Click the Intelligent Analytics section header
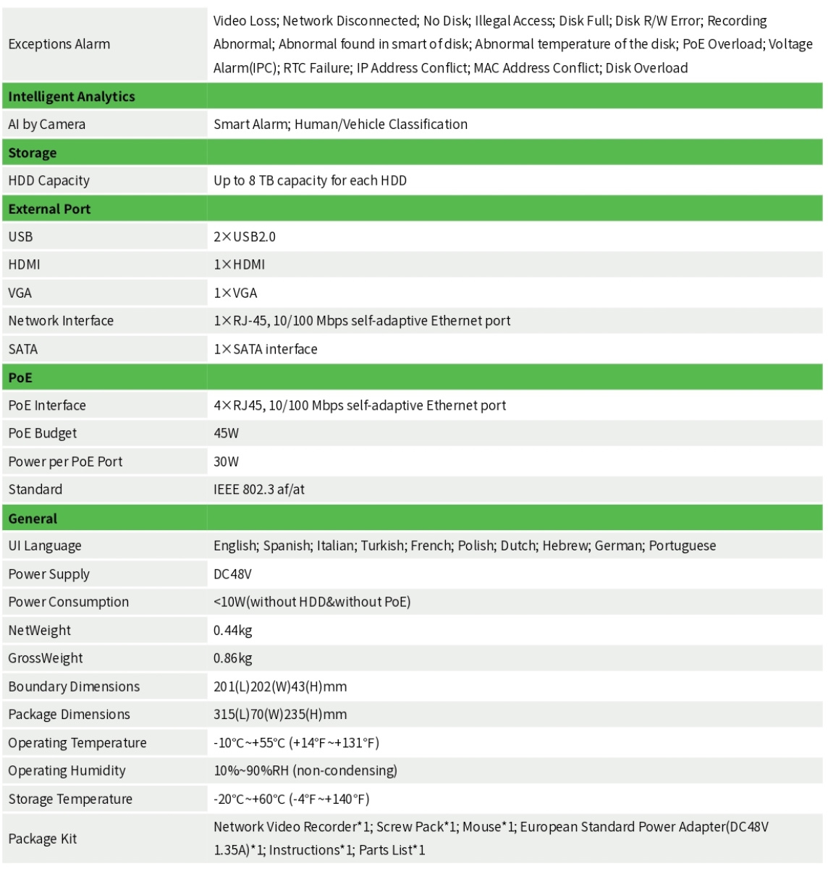(x=72, y=96)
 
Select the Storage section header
(x=33, y=153)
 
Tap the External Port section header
(x=49, y=209)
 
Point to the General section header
(x=33, y=519)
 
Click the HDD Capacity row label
(x=49, y=181)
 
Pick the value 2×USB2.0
(x=245, y=237)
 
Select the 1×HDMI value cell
(x=240, y=265)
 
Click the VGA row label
(x=20, y=293)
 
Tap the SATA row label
(x=23, y=349)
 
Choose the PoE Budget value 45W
(x=226, y=434)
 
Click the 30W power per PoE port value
(x=226, y=462)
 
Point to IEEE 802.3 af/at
(x=259, y=490)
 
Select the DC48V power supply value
(x=232, y=574)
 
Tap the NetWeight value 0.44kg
(x=232, y=631)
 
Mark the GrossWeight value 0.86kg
(x=232, y=658)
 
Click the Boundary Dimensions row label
(x=74, y=687)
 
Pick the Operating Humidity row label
(x=67, y=771)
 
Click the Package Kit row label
(x=42, y=839)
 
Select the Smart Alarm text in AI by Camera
(x=250, y=125)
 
